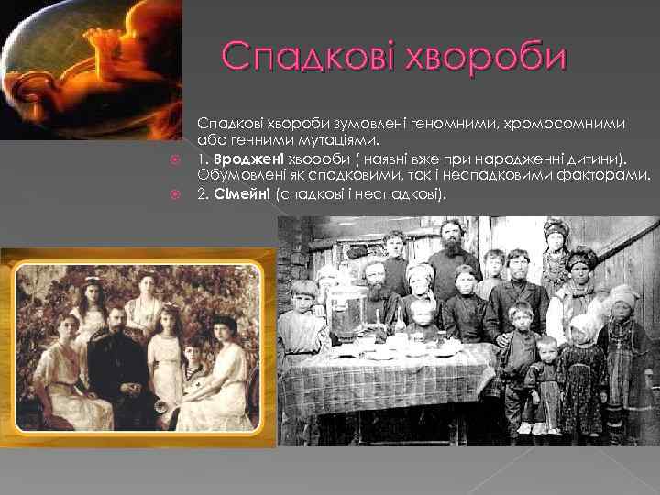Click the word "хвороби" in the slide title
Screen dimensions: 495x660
494,59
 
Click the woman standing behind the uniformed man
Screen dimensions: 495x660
145,302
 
